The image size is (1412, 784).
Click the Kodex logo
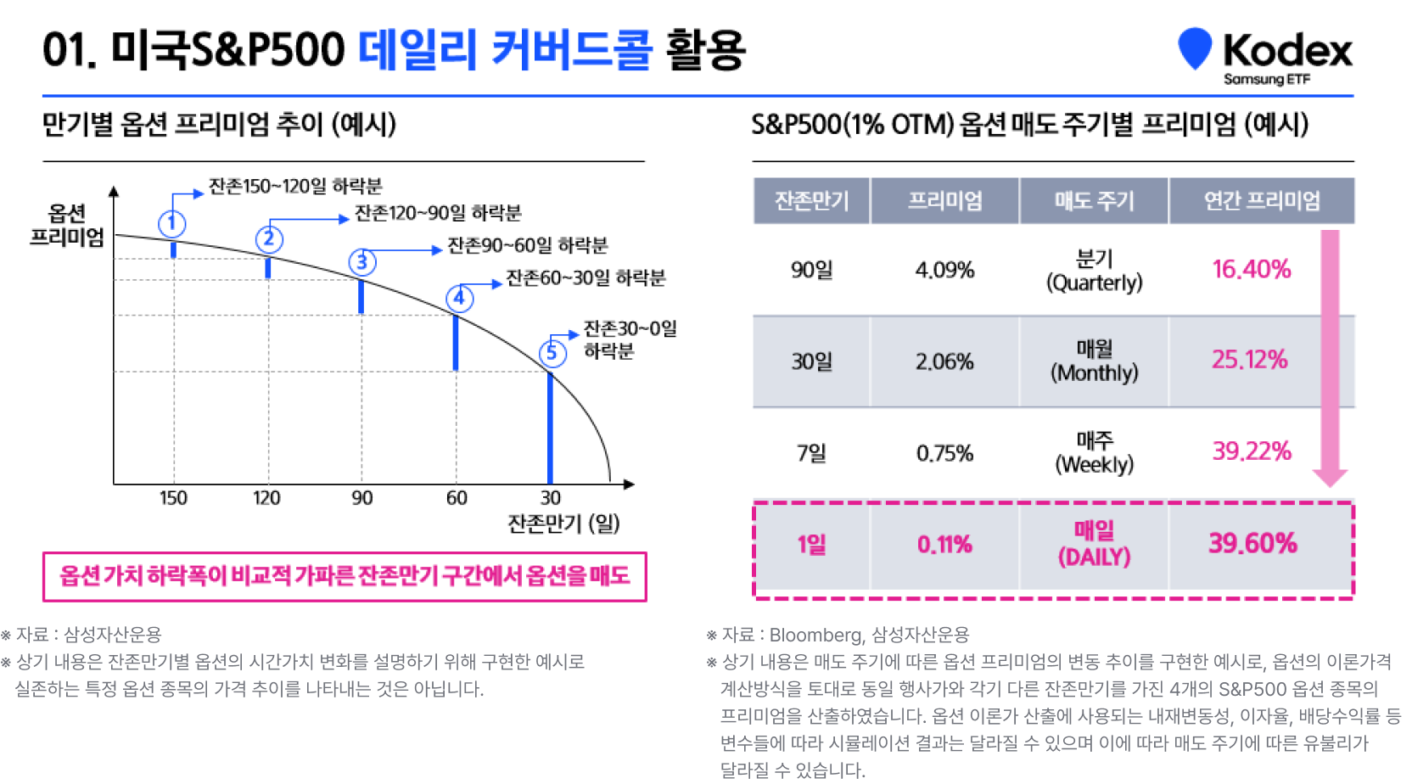(x=1264, y=54)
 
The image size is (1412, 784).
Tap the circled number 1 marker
(x=172, y=223)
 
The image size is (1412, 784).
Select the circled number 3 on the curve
(x=362, y=261)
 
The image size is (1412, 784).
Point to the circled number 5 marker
(x=552, y=352)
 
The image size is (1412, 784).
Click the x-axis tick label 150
(x=173, y=498)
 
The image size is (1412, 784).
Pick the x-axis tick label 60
(x=457, y=498)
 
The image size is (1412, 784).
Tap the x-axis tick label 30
(x=551, y=498)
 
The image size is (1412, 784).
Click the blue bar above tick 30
(x=550, y=428)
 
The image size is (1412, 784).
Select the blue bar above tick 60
(x=456, y=343)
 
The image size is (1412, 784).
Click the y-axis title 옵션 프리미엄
(x=66, y=225)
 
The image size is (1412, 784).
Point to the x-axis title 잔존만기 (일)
(x=563, y=524)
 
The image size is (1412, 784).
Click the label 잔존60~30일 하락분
(x=586, y=278)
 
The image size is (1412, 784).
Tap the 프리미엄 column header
(x=944, y=201)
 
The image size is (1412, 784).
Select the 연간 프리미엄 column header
(x=1262, y=201)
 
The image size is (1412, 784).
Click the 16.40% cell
(x=1251, y=270)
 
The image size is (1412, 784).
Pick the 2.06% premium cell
(x=944, y=362)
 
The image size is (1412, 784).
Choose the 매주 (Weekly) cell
(x=1094, y=452)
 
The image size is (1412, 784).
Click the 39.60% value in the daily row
(x=1252, y=544)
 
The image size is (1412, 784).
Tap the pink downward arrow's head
(x=1330, y=476)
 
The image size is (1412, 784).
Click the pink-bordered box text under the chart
(x=345, y=577)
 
